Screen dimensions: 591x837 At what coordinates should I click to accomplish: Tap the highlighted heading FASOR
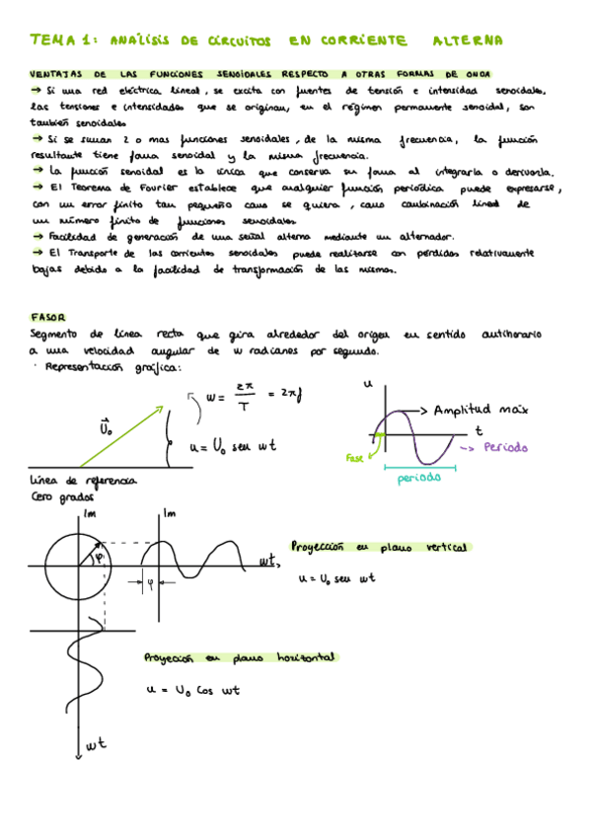click(47, 318)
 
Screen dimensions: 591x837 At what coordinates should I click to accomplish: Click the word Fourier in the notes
click(162, 189)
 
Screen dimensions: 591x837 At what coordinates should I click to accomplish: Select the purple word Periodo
click(506, 447)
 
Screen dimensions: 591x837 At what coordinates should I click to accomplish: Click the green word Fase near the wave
click(355, 458)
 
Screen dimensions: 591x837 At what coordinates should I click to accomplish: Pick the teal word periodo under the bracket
click(419, 479)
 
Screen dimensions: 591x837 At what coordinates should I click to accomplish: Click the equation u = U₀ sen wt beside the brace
click(233, 446)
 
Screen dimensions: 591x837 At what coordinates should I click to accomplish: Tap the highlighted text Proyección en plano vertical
click(378, 547)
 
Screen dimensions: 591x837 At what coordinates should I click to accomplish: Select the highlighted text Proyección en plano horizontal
click(241, 656)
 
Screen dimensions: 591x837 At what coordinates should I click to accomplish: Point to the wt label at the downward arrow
click(96, 746)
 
